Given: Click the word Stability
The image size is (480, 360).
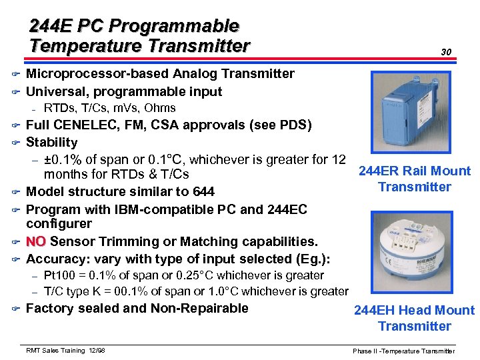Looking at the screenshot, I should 51,142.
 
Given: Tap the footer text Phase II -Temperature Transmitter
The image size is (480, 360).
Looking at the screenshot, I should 404,351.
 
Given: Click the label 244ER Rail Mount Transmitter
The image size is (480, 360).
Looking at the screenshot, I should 414,179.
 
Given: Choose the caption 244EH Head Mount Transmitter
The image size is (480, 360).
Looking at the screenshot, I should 414,318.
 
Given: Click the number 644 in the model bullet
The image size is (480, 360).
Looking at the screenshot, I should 203,192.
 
